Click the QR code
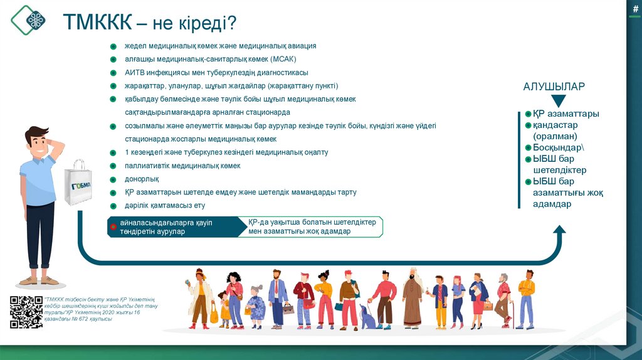point(26,312)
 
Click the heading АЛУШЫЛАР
point(554,87)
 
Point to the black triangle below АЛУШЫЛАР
point(554,100)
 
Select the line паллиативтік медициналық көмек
point(182,166)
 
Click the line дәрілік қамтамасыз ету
point(165,205)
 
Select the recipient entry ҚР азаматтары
point(566,114)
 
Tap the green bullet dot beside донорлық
point(113,179)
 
